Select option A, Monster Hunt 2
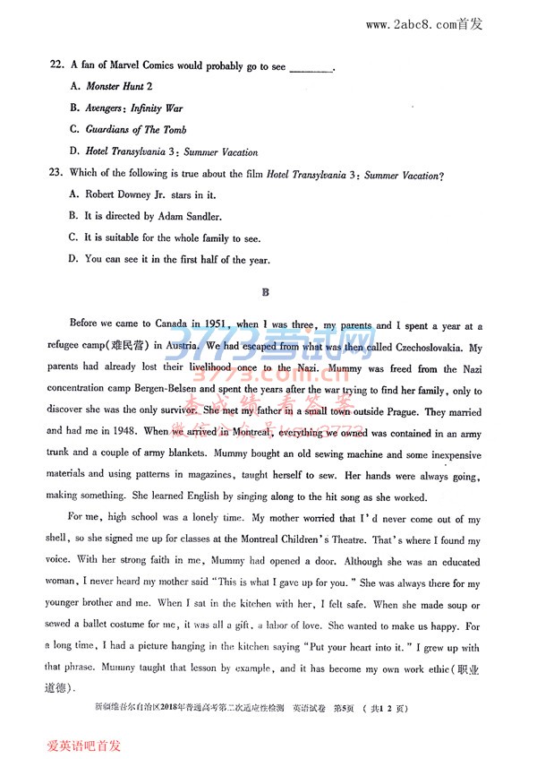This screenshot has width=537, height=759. (x=111, y=87)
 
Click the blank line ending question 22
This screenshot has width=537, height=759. (x=312, y=68)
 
